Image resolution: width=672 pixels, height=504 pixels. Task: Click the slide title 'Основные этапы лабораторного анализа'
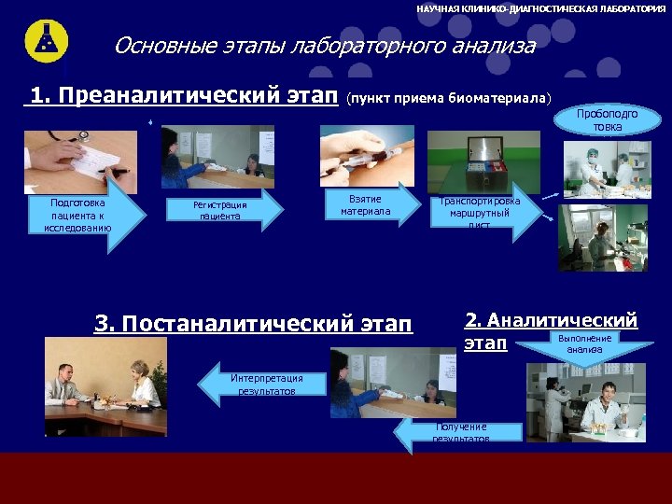[x=324, y=46]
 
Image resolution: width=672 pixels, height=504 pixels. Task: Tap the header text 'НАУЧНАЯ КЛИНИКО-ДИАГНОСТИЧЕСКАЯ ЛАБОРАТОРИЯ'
[x=540, y=7]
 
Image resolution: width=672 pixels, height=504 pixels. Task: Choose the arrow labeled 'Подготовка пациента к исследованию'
[x=85, y=215]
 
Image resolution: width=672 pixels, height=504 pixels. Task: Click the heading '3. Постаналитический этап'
[x=252, y=324]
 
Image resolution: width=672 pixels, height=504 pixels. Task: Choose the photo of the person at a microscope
[x=602, y=238]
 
